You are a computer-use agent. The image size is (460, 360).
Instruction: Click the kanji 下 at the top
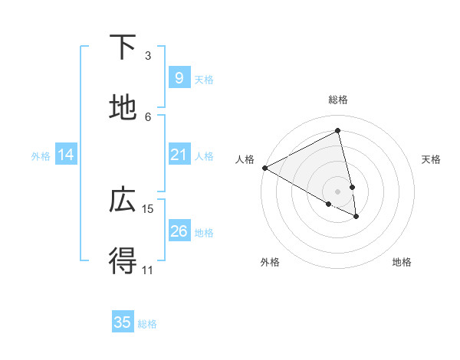point(123,48)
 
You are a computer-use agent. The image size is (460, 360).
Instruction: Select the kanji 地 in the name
point(123,108)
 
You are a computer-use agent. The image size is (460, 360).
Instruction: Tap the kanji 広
point(123,201)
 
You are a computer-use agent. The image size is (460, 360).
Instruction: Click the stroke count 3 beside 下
point(148,56)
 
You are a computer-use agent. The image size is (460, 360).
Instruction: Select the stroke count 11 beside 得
point(148,270)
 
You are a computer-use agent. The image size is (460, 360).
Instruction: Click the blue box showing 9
point(179,78)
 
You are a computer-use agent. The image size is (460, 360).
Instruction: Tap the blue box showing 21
point(179,155)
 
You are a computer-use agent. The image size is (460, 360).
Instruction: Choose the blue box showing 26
point(179,231)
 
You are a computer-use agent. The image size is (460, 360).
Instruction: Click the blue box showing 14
point(66,155)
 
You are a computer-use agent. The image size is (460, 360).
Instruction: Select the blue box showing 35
point(123,322)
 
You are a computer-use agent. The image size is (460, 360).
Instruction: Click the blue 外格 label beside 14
point(41,156)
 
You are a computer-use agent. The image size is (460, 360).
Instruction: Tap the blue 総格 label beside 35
point(147,324)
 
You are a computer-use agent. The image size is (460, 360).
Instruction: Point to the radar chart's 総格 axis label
point(338,100)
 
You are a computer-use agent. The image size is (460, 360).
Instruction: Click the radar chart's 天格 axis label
point(432,159)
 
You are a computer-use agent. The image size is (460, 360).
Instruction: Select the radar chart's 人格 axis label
point(245,159)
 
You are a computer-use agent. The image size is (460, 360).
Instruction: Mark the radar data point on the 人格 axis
point(264,168)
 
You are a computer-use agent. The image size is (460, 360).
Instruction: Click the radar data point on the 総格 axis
point(338,131)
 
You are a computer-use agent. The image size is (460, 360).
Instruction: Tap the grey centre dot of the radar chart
point(338,191)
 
